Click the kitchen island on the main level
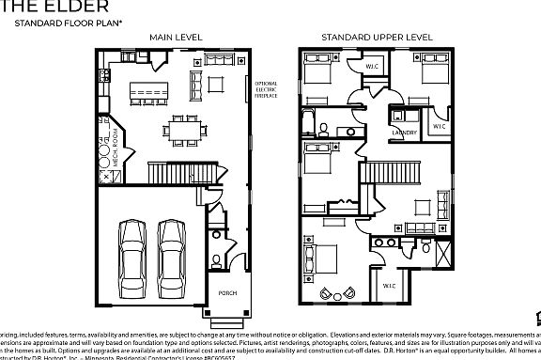pyautogui.click(x=147, y=91)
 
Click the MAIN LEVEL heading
pyautogui.click(x=176, y=38)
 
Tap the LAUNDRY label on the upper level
pyautogui.click(x=404, y=133)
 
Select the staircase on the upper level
pyautogui.click(x=376, y=173)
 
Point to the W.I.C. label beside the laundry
pyautogui.click(x=439, y=125)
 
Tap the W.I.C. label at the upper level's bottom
pyautogui.click(x=389, y=285)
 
